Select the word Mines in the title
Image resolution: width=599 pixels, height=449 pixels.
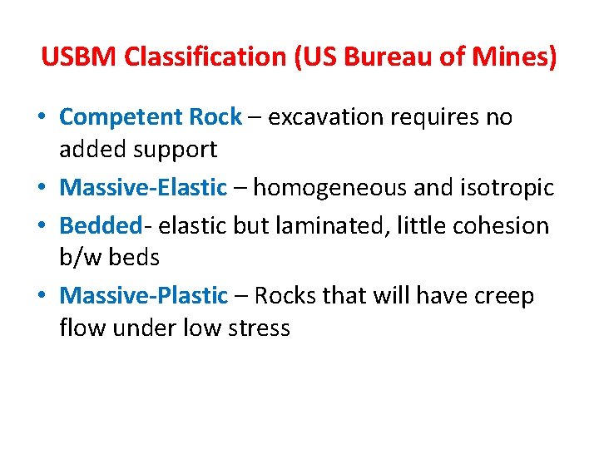[x=515, y=57]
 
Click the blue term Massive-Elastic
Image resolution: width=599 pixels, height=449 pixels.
[x=143, y=188]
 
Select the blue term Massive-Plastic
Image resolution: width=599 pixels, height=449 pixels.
[x=143, y=296]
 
